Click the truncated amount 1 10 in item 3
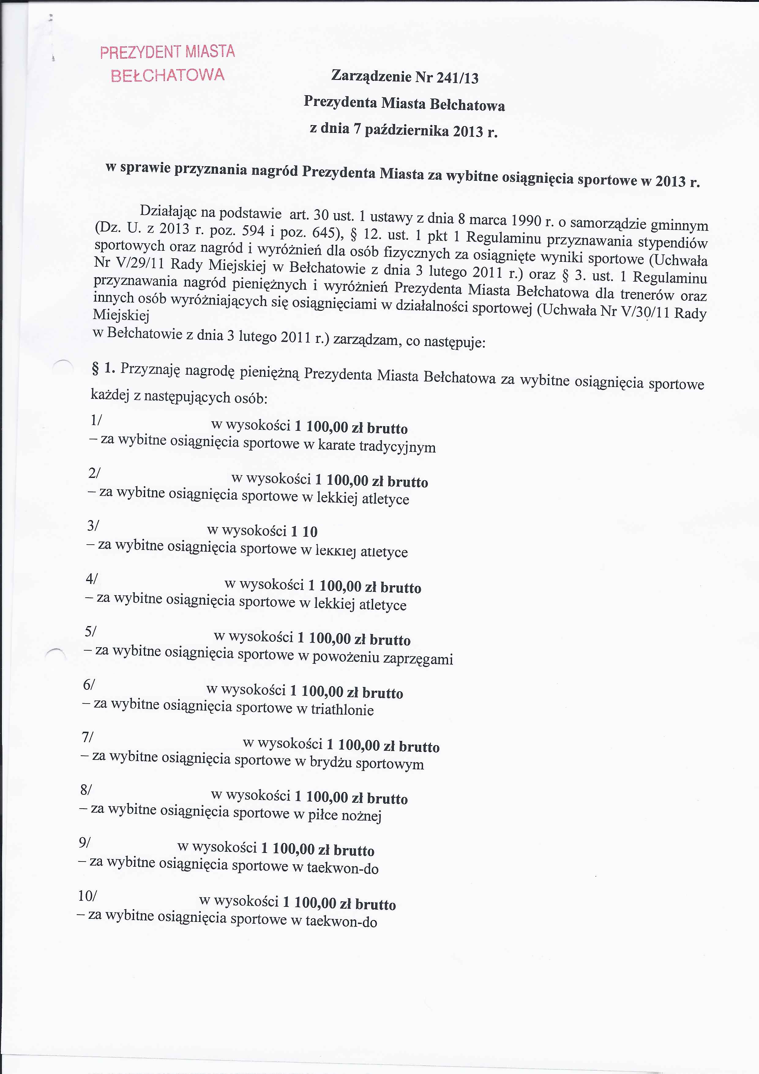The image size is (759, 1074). pyautogui.click(x=304, y=532)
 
